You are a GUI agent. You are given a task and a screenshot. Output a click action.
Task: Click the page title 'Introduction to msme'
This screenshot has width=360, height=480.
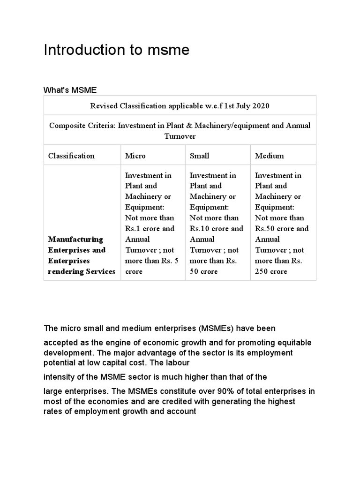(116, 50)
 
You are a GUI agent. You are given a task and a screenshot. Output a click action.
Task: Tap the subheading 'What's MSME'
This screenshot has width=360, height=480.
(70, 90)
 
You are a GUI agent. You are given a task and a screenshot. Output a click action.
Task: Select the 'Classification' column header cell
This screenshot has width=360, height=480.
(71, 156)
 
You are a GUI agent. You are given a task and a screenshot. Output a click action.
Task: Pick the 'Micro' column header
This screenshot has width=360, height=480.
(135, 156)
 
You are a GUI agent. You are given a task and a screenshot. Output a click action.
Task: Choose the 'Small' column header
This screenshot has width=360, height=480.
(199, 156)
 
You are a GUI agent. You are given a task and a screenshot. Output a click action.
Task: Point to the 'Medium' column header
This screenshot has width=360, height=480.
(269, 156)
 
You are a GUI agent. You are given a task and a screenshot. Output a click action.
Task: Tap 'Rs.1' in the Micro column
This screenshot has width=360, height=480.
(133, 229)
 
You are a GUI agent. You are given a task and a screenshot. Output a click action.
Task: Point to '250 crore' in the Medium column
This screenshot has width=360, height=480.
(271, 271)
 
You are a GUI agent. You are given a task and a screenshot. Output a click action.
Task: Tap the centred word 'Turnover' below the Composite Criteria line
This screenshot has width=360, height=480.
(180, 136)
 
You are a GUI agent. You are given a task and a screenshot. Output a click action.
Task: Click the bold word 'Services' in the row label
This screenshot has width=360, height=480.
(99, 271)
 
